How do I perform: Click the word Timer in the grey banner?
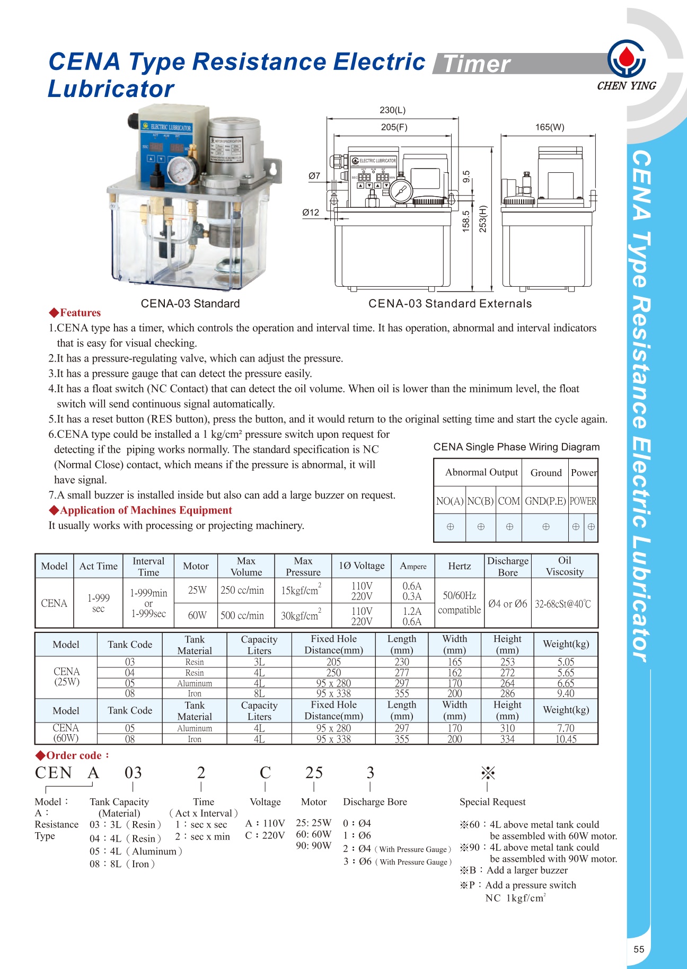click(x=476, y=64)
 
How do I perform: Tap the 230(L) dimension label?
click(x=392, y=110)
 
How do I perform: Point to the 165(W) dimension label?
click(x=550, y=127)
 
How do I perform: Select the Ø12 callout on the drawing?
click(x=311, y=213)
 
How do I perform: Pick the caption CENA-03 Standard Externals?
click(x=450, y=304)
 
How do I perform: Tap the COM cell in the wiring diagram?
click(x=509, y=501)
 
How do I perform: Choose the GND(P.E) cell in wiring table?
click(x=545, y=501)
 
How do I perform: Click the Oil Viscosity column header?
click(x=565, y=566)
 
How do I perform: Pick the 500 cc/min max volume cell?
click(x=242, y=615)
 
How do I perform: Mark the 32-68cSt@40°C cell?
click(x=563, y=604)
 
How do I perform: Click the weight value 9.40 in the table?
click(x=566, y=693)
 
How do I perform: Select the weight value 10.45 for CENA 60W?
click(x=566, y=739)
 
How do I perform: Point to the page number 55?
click(x=639, y=949)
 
